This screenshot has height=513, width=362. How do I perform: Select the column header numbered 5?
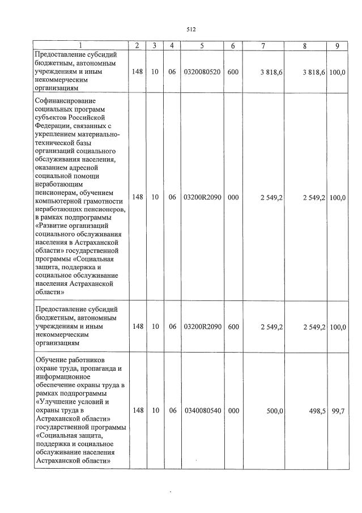[x=202, y=46]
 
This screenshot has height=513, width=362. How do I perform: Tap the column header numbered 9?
[x=337, y=46]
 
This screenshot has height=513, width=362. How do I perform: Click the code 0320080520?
[x=202, y=72]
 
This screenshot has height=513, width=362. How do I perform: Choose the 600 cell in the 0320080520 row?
[x=233, y=72]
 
